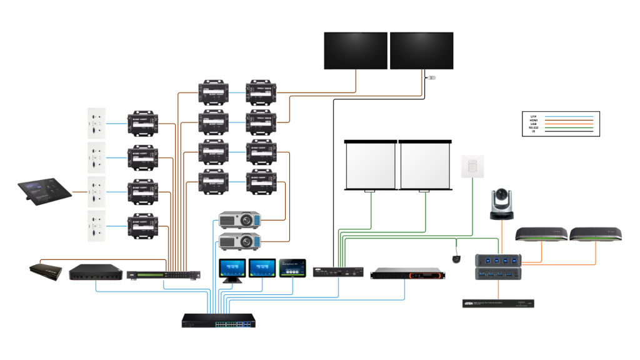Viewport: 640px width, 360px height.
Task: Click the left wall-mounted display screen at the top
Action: [356, 51]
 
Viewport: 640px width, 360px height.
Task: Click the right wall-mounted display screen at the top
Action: [422, 51]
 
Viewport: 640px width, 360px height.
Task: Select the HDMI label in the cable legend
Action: [533, 120]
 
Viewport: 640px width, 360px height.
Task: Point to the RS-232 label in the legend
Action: [533, 127]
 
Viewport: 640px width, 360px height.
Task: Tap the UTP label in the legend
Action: [533, 116]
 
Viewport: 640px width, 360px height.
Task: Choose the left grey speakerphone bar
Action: [541, 234]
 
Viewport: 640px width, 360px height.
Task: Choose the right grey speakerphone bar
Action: [596, 234]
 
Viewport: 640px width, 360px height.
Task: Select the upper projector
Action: [239, 220]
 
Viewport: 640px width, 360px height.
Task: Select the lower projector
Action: [239, 241]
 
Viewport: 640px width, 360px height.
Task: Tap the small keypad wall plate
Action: [472, 167]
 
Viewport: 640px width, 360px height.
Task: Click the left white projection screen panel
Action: [371, 166]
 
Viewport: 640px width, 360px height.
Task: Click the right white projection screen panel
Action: [425, 166]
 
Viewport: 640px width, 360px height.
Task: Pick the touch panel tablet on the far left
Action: [44, 191]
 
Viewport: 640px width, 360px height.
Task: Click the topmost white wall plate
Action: [96, 123]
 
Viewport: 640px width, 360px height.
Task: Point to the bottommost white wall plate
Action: [96, 226]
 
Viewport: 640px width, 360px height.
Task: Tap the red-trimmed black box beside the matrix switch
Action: [95, 272]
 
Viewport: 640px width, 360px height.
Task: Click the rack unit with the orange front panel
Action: [408, 273]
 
